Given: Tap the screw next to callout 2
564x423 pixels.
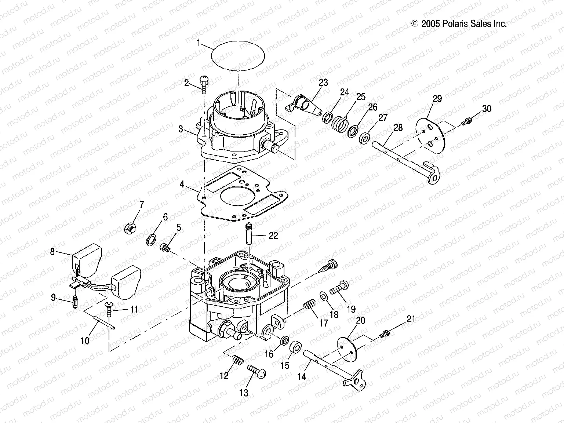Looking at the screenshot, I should coord(204,84).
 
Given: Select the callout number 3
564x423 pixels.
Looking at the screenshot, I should coord(181,129).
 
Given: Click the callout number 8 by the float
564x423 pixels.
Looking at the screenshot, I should coord(52,252).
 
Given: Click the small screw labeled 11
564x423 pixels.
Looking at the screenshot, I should coord(110,308).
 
